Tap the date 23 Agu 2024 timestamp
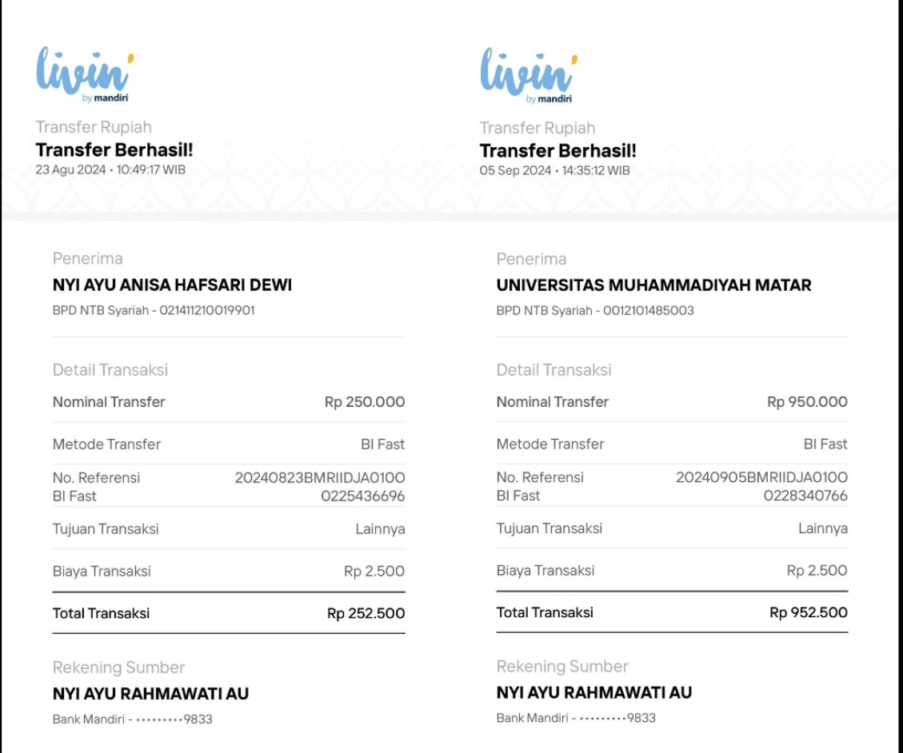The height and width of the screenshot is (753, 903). [x=110, y=169]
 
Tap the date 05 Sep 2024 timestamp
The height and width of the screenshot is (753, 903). [x=554, y=170]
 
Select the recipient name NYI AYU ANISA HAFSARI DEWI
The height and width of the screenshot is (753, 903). [x=172, y=285]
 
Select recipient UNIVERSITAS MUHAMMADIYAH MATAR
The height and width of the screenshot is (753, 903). [x=653, y=285]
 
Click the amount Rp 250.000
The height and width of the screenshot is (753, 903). [x=365, y=402]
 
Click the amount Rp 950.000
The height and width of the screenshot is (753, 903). [x=807, y=402]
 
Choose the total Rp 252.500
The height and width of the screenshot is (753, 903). [x=366, y=613]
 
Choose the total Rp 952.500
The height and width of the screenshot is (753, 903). [x=808, y=613]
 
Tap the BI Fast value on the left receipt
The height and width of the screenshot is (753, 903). [x=382, y=444]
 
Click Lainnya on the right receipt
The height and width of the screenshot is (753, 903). [x=822, y=528]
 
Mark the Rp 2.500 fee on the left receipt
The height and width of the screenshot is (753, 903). [x=374, y=571]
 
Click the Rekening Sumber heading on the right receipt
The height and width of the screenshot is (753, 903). [x=562, y=667]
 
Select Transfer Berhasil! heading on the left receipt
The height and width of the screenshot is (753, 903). [x=114, y=149]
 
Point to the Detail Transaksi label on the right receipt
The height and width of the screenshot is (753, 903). [x=553, y=370]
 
